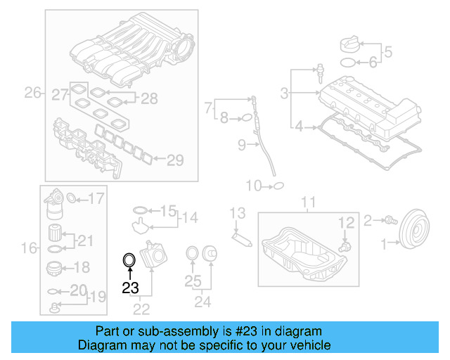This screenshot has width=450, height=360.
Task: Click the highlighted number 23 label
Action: click(130, 287)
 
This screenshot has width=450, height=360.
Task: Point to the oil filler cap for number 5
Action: click(349, 43)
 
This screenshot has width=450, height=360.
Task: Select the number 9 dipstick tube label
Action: click(241, 146)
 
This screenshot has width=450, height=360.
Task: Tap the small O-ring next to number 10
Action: click(278, 186)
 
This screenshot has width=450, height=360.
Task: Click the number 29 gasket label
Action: click(175, 160)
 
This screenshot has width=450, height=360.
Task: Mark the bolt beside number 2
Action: click(387, 220)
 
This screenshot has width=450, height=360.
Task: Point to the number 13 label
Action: click(238, 212)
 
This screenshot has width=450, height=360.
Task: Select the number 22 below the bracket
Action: click(141, 308)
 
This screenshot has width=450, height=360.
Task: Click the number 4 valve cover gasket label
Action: click(298, 127)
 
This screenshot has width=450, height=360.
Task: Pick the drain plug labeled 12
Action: click(344, 247)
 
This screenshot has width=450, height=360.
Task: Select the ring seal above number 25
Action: click(191, 253)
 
